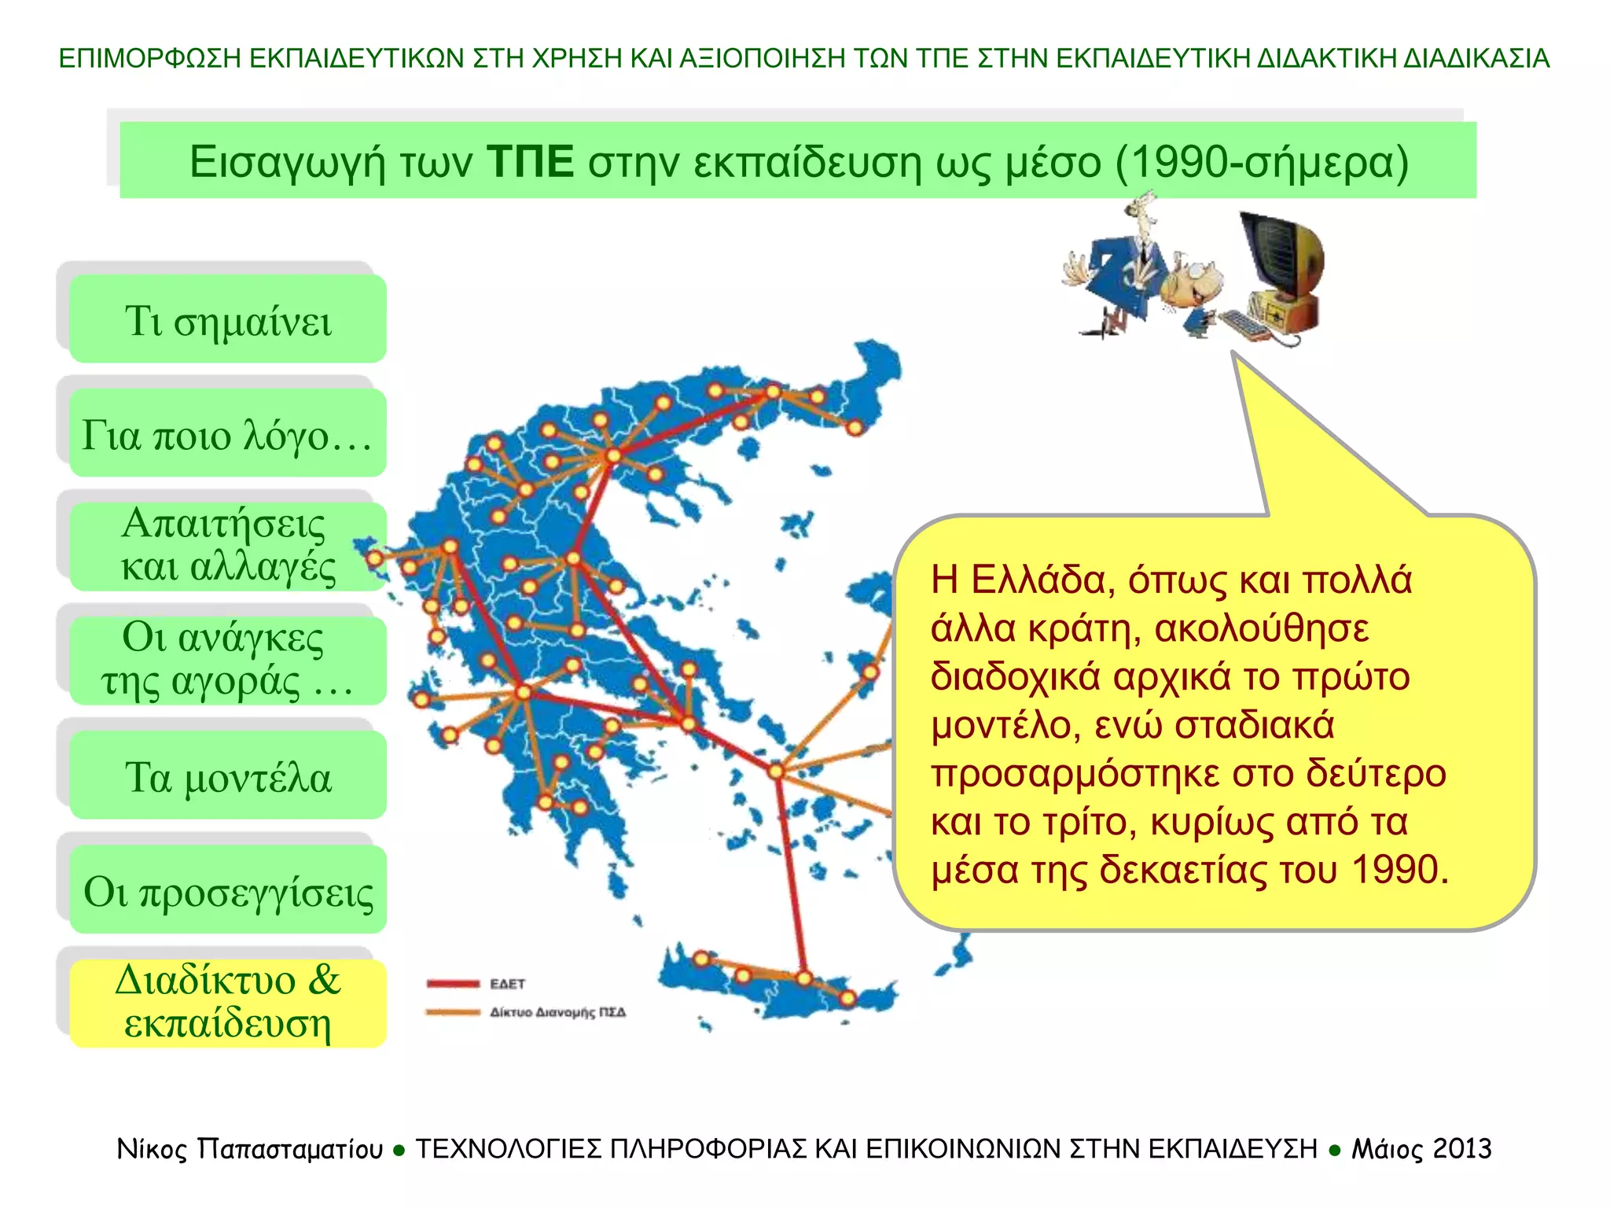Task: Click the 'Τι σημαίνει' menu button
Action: pos(228,319)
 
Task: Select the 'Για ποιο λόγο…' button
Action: pos(228,433)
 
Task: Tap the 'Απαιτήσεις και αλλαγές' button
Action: pos(228,547)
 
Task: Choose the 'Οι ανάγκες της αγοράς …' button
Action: pos(228,661)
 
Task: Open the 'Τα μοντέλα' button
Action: pos(228,775)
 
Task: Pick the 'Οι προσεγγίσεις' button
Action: pos(228,889)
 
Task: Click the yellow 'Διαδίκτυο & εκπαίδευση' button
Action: pos(228,1003)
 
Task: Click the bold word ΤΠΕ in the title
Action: pos(531,162)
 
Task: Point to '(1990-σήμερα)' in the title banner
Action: pos(1261,162)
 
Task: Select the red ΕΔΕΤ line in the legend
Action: pos(453,983)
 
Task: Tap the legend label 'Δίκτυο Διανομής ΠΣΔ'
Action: pos(557,1012)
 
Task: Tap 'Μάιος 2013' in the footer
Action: pos(1421,1149)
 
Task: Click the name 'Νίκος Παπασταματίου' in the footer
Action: pos(250,1149)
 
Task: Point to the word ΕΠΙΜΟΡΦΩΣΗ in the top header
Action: pos(149,58)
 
